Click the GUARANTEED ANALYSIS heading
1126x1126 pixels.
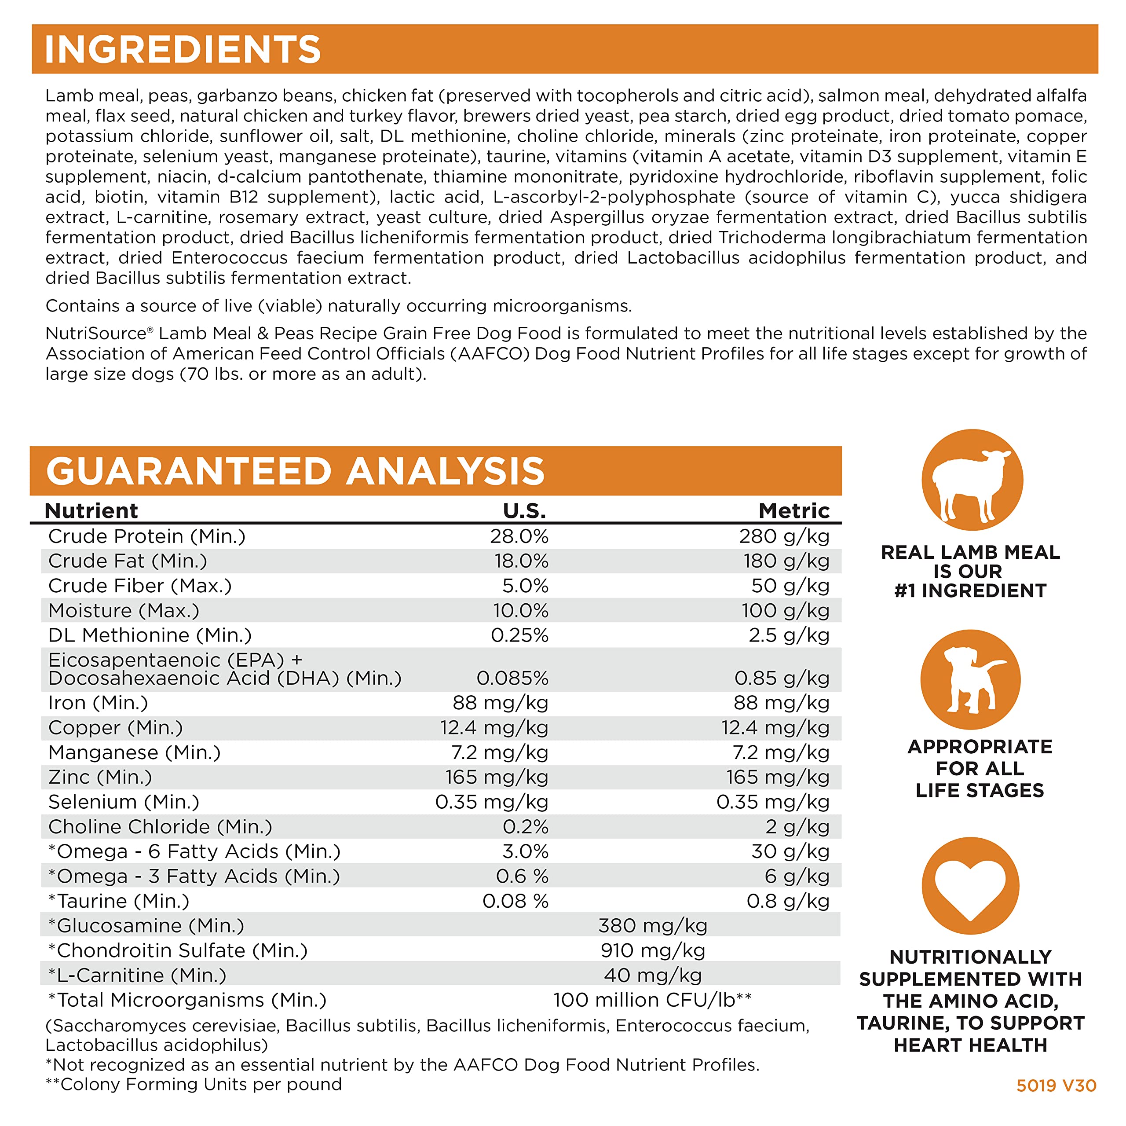(x=295, y=471)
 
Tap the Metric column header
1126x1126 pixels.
(x=794, y=511)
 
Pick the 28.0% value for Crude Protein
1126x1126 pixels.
(x=519, y=536)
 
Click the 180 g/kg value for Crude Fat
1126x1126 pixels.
(x=786, y=561)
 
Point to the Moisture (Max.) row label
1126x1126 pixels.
(x=124, y=611)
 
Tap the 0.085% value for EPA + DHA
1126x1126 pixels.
(x=512, y=678)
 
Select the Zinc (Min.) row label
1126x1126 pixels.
(x=100, y=778)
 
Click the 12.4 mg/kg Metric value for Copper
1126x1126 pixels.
(x=775, y=728)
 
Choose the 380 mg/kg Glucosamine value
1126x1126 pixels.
(x=653, y=926)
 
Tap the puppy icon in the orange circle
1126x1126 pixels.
(x=970, y=679)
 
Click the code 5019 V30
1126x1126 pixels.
(x=1056, y=1086)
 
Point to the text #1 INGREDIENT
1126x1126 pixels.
(x=970, y=591)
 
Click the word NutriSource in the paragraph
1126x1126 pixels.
(x=95, y=334)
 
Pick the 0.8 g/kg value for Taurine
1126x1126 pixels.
(x=787, y=902)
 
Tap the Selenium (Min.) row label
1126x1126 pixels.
(x=124, y=803)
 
